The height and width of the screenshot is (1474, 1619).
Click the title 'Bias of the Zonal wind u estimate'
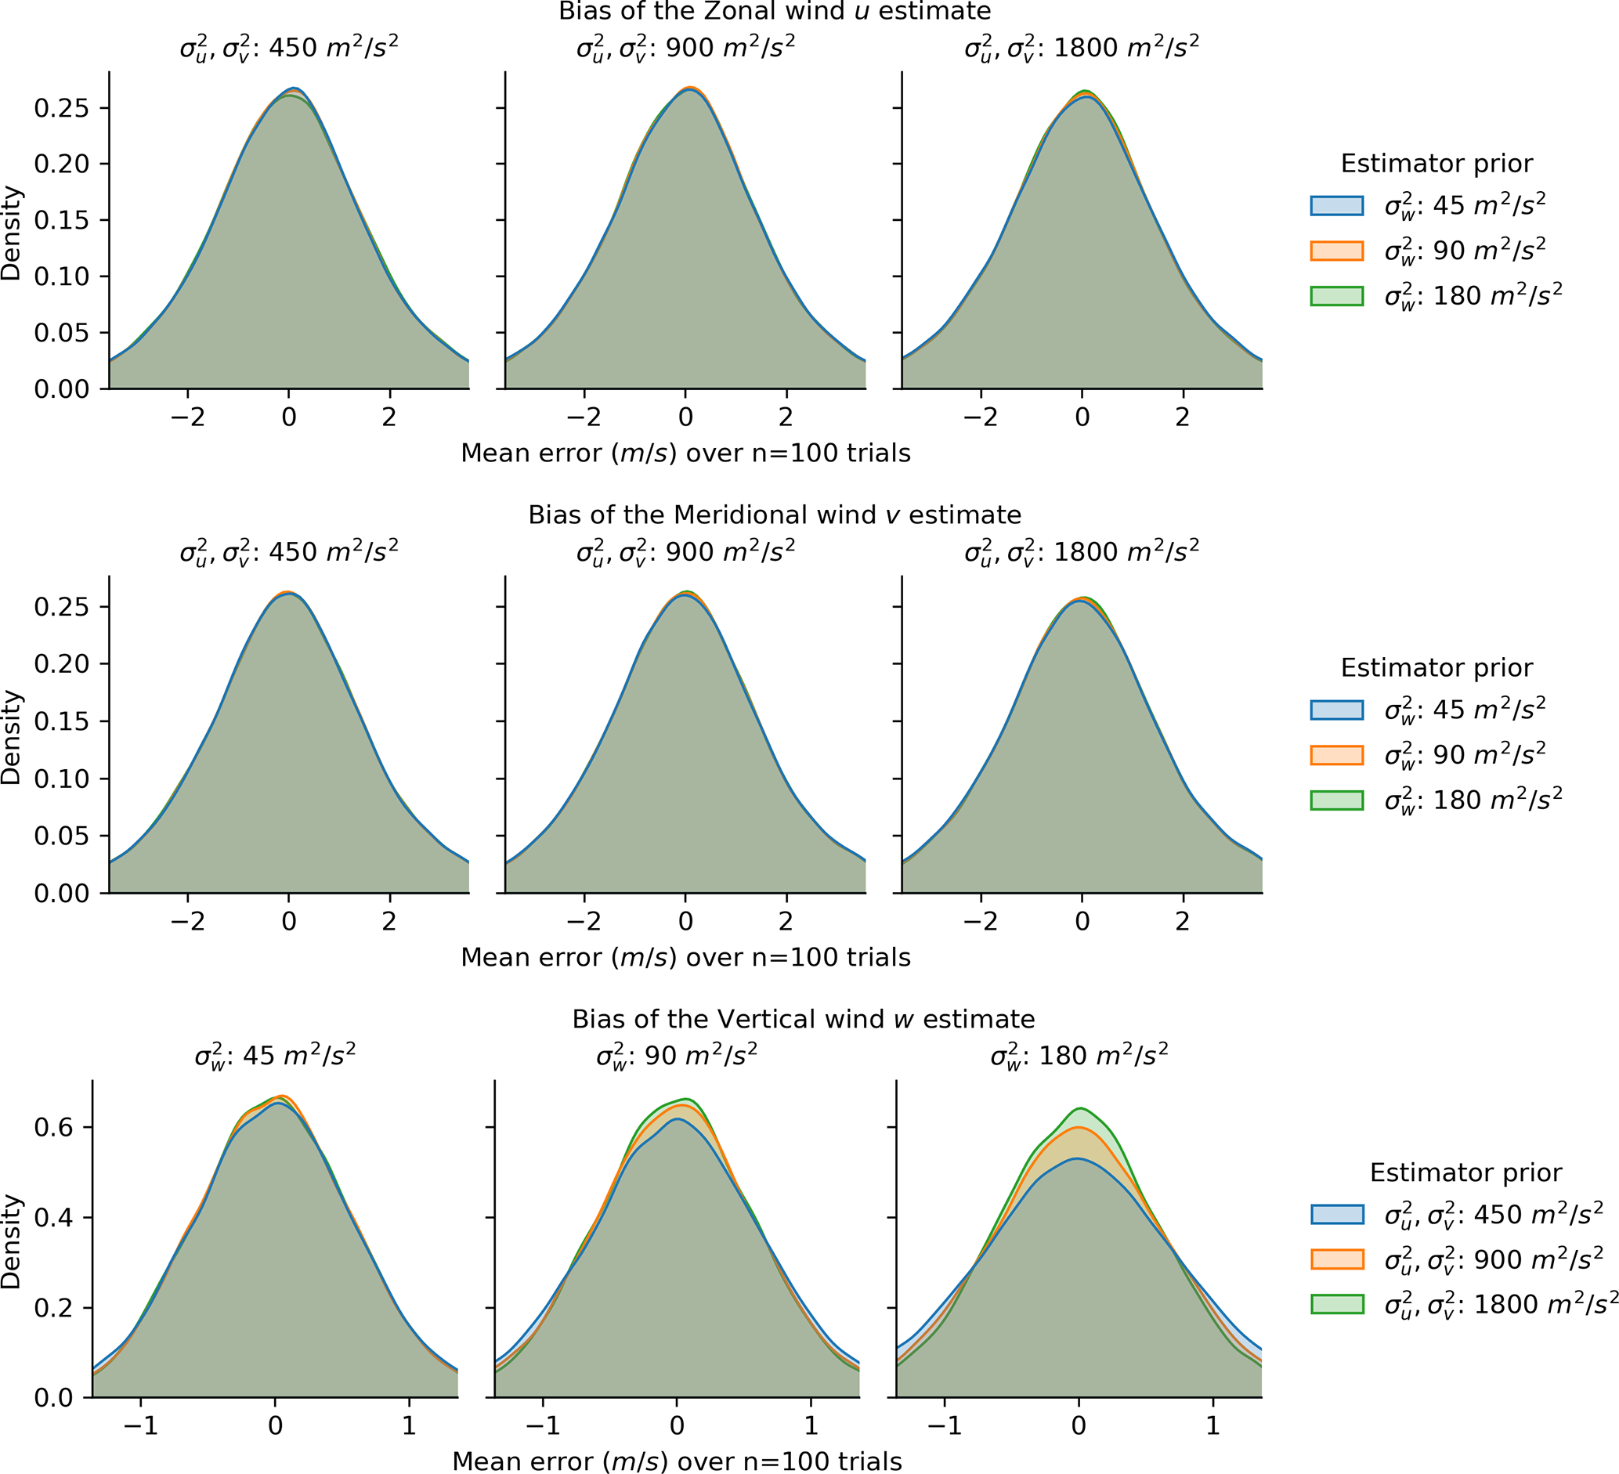pyautogui.click(x=774, y=11)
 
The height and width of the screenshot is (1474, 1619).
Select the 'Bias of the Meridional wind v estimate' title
pyautogui.click(x=774, y=515)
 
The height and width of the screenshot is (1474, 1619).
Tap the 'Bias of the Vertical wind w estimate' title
pyautogui.click(x=803, y=1019)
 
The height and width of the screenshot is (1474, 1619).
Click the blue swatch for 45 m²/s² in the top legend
pyautogui.click(x=1336, y=205)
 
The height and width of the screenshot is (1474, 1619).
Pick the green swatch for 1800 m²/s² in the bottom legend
pyautogui.click(x=1336, y=1304)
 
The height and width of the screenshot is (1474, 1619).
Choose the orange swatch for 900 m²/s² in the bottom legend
pyautogui.click(x=1336, y=1259)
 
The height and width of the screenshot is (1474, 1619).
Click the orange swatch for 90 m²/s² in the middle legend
pyautogui.click(x=1336, y=755)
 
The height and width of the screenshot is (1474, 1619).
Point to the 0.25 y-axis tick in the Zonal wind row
pyautogui.click(x=61, y=107)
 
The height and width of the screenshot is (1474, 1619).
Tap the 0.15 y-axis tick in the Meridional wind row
pyautogui.click(x=61, y=721)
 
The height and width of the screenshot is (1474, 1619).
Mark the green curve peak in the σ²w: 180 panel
pyautogui.click(x=1081, y=1109)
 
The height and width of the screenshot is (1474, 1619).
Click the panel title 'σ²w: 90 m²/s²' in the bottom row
pyautogui.click(x=676, y=1055)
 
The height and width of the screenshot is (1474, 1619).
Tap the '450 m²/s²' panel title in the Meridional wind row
pyautogui.click(x=288, y=552)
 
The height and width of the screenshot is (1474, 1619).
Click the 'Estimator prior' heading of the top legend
pyautogui.click(x=1436, y=164)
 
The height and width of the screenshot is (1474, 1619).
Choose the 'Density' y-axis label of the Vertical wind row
pyautogui.click(x=11, y=1241)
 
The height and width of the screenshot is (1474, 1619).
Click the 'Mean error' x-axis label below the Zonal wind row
pyautogui.click(x=685, y=453)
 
